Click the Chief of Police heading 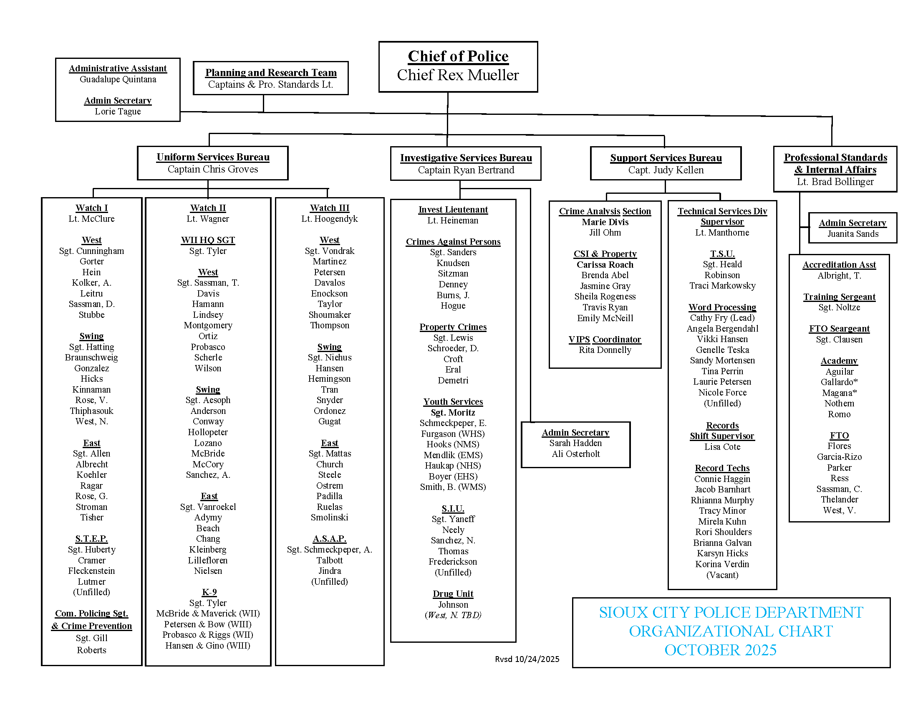coord(458,56)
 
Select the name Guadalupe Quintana coord(118,79)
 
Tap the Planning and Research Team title coord(271,73)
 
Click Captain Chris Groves coord(213,169)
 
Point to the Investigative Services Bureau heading coord(466,158)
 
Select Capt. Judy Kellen coord(666,170)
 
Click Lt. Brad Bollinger coord(835,182)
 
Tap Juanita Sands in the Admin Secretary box coord(852,234)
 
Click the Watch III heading coord(330,208)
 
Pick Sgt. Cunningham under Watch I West coord(92,251)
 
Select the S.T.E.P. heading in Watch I coord(92,539)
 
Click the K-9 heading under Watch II coord(209,592)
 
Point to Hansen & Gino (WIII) coord(208,646)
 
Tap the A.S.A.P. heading coord(330,539)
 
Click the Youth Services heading coord(453,402)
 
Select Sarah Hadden coord(575,443)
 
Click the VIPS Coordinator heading coord(605,340)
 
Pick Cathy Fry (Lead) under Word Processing coord(722,318)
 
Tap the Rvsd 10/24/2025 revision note coord(527,659)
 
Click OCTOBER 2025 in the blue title coord(720,650)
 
